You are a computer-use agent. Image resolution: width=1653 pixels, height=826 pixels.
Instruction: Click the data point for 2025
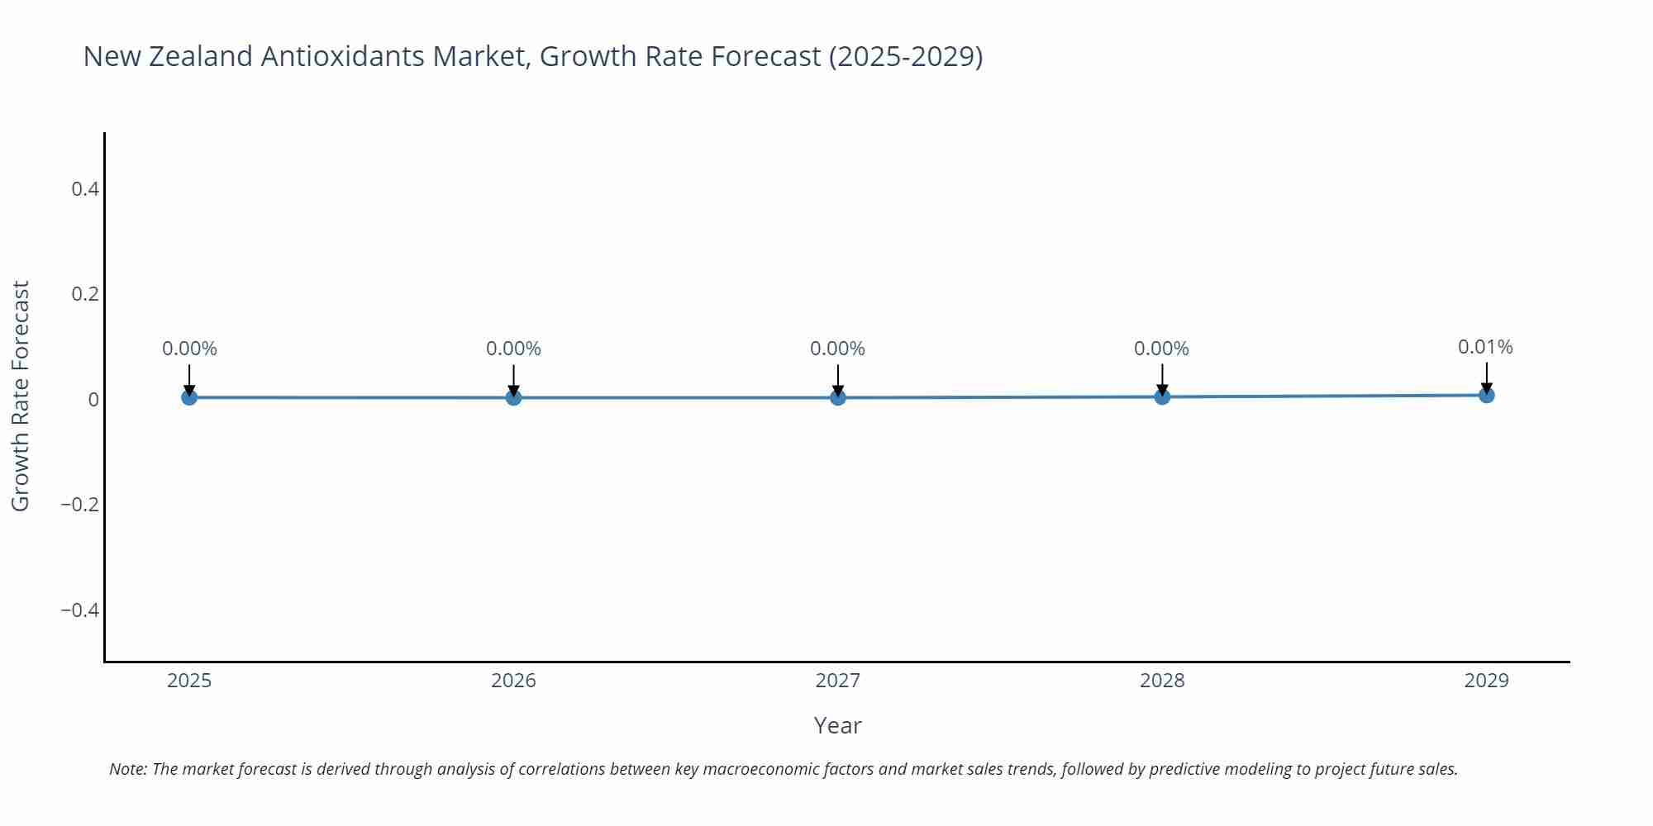click(x=189, y=397)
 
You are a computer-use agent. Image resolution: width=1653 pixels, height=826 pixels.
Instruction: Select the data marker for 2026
click(x=513, y=397)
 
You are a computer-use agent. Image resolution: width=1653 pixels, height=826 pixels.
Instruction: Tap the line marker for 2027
click(x=838, y=397)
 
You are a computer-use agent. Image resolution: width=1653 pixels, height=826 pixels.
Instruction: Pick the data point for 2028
click(x=1162, y=396)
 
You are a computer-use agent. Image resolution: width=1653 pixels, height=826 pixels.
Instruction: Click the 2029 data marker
click(x=1486, y=395)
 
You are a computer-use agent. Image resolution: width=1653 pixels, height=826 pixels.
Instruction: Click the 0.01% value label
click(x=1485, y=347)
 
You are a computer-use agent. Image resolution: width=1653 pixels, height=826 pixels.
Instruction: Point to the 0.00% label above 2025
click(x=189, y=349)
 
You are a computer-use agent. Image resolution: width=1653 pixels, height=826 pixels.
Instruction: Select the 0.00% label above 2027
click(x=837, y=349)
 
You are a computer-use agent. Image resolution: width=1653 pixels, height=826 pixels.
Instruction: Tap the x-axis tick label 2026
click(x=513, y=681)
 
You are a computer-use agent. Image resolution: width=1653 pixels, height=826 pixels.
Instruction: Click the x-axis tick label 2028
click(x=1162, y=681)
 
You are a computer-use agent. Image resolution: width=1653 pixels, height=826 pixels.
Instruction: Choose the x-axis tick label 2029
click(x=1486, y=681)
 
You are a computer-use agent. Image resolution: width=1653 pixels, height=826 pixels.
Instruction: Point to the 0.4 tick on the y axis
click(x=85, y=189)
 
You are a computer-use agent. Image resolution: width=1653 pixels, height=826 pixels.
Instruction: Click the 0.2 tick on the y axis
click(x=85, y=294)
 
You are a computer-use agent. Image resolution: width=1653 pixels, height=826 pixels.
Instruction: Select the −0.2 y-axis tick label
click(x=80, y=505)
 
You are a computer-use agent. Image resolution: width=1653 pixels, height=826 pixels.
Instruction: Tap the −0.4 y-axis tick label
click(x=80, y=610)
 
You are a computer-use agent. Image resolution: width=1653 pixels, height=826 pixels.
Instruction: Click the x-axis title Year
click(x=837, y=725)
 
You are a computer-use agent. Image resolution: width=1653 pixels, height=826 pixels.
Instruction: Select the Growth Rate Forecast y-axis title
click(x=20, y=396)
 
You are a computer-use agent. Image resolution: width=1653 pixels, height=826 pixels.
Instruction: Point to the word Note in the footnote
click(x=127, y=769)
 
